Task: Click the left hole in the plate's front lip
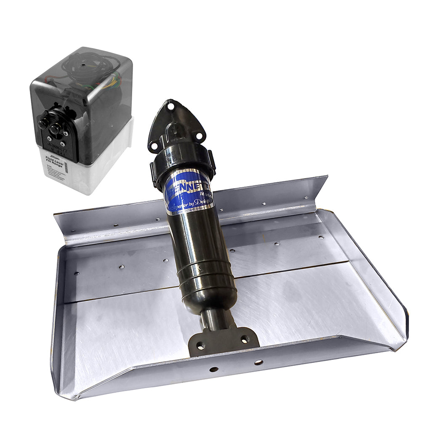tap(213, 369)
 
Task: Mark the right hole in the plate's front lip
tap(258, 362)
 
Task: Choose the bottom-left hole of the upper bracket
tap(155, 145)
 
